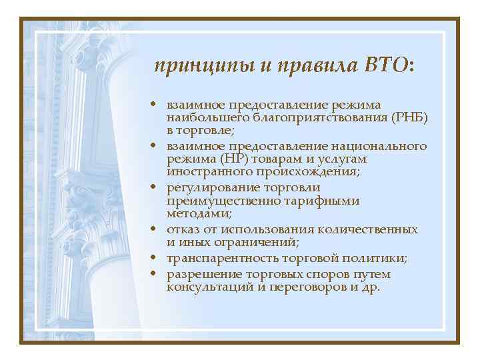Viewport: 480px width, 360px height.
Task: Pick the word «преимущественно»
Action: tap(225, 200)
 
